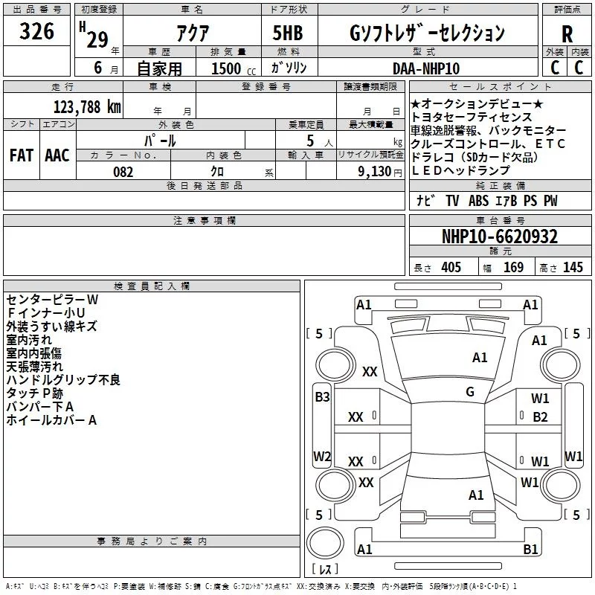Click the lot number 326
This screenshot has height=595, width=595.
pyautogui.click(x=37, y=32)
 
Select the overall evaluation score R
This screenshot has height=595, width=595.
pyautogui.click(x=567, y=34)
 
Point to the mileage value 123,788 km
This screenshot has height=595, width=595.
pyautogui.click(x=87, y=107)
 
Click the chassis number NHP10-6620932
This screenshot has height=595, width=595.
pyautogui.click(x=500, y=237)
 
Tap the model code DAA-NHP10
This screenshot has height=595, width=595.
pyautogui.click(x=426, y=68)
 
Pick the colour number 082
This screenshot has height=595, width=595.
pyautogui.click(x=123, y=172)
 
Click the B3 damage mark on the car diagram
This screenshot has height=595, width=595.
pyautogui.click(x=322, y=397)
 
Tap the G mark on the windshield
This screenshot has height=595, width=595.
pyautogui.click(x=470, y=392)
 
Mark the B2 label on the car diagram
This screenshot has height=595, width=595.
pyautogui.click(x=541, y=417)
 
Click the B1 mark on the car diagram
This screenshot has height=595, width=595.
pyautogui.click(x=530, y=550)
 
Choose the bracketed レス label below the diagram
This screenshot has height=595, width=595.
pyautogui.click(x=325, y=570)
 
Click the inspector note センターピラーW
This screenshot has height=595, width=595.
pyautogui.click(x=52, y=299)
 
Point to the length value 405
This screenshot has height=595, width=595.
pyautogui.click(x=451, y=268)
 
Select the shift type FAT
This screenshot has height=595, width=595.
pyautogui.click(x=21, y=155)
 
